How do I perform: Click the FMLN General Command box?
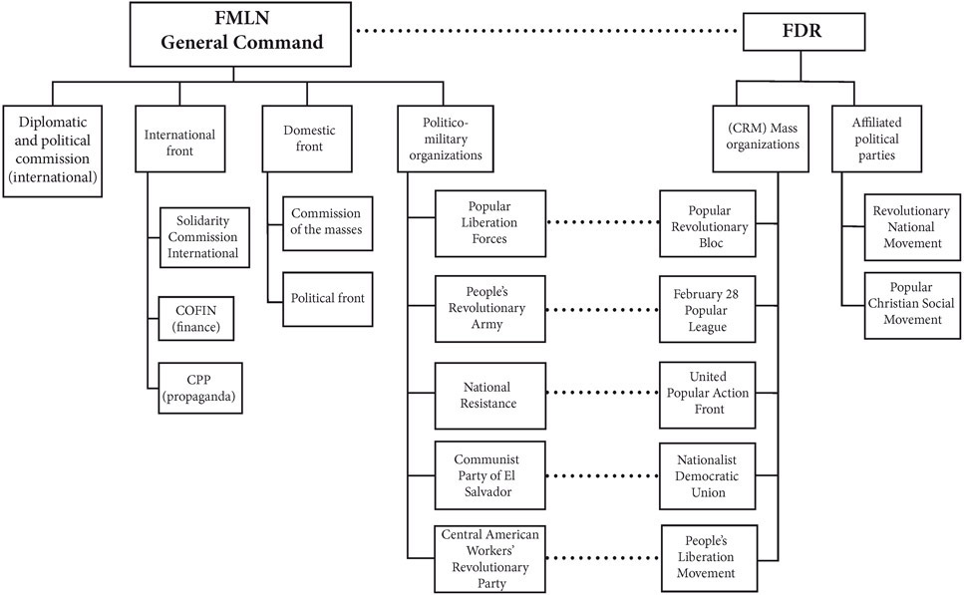click(234, 32)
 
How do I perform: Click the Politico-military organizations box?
click(454, 139)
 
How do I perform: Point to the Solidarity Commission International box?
click(202, 237)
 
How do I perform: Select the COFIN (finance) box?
click(202, 317)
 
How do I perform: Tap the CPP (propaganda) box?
click(202, 387)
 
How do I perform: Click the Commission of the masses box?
click(328, 224)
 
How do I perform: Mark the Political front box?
click(328, 298)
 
